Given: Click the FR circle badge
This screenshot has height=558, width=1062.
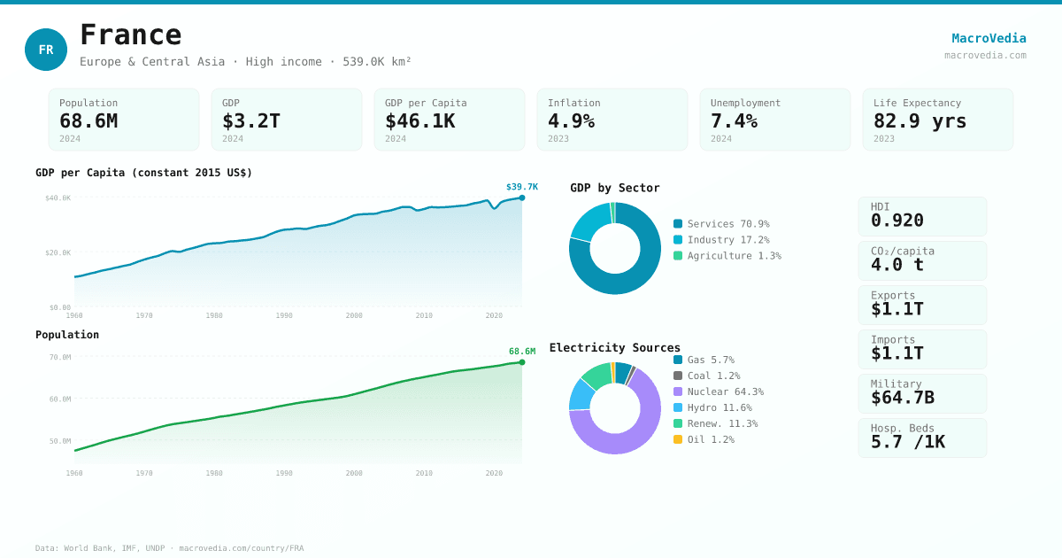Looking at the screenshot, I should pyautogui.click(x=46, y=50).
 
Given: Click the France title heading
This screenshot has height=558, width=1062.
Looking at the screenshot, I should pyautogui.click(x=131, y=35).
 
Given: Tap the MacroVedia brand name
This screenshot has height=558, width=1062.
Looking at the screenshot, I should pyautogui.click(x=989, y=38).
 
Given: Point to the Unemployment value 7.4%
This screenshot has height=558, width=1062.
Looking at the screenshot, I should pyautogui.click(x=734, y=120).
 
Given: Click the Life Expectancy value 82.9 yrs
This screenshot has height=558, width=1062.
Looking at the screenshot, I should pyautogui.click(x=920, y=120).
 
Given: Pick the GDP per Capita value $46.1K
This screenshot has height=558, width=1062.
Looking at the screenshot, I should pyautogui.click(x=419, y=120).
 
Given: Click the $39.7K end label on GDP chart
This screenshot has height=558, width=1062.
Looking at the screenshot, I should pyautogui.click(x=522, y=187).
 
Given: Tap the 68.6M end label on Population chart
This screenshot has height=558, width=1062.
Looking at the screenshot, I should pyautogui.click(x=522, y=352).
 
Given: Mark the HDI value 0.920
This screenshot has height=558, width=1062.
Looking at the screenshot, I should pyautogui.click(x=897, y=221).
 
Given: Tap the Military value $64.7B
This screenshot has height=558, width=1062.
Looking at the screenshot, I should pyautogui.click(x=902, y=398).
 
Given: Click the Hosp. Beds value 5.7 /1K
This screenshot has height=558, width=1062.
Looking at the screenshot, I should pyautogui.click(x=907, y=442).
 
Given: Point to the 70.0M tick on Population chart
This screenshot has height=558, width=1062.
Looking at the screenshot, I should pyautogui.click(x=60, y=357).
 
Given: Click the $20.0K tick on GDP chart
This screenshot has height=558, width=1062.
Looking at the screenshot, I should pyautogui.click(x=58, y=252).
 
